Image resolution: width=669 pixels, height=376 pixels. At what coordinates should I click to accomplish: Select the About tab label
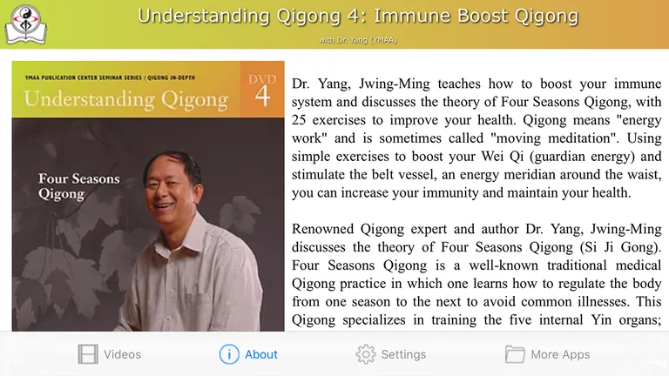pos(260,354)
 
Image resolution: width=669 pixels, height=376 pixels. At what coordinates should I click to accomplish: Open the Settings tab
pos(403,354)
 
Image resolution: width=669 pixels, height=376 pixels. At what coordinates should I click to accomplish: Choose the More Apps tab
pos(560,354)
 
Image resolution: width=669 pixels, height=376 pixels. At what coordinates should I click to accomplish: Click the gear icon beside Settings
pos(366,354)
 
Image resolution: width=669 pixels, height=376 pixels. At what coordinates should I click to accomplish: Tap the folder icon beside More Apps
pos(515,354)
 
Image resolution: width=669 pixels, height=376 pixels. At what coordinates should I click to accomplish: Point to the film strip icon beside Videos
pos(88,354)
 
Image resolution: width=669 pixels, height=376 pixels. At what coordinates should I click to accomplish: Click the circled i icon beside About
pos(228,354)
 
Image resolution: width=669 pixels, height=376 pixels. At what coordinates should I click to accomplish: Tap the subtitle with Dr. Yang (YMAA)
pos(360,40)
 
